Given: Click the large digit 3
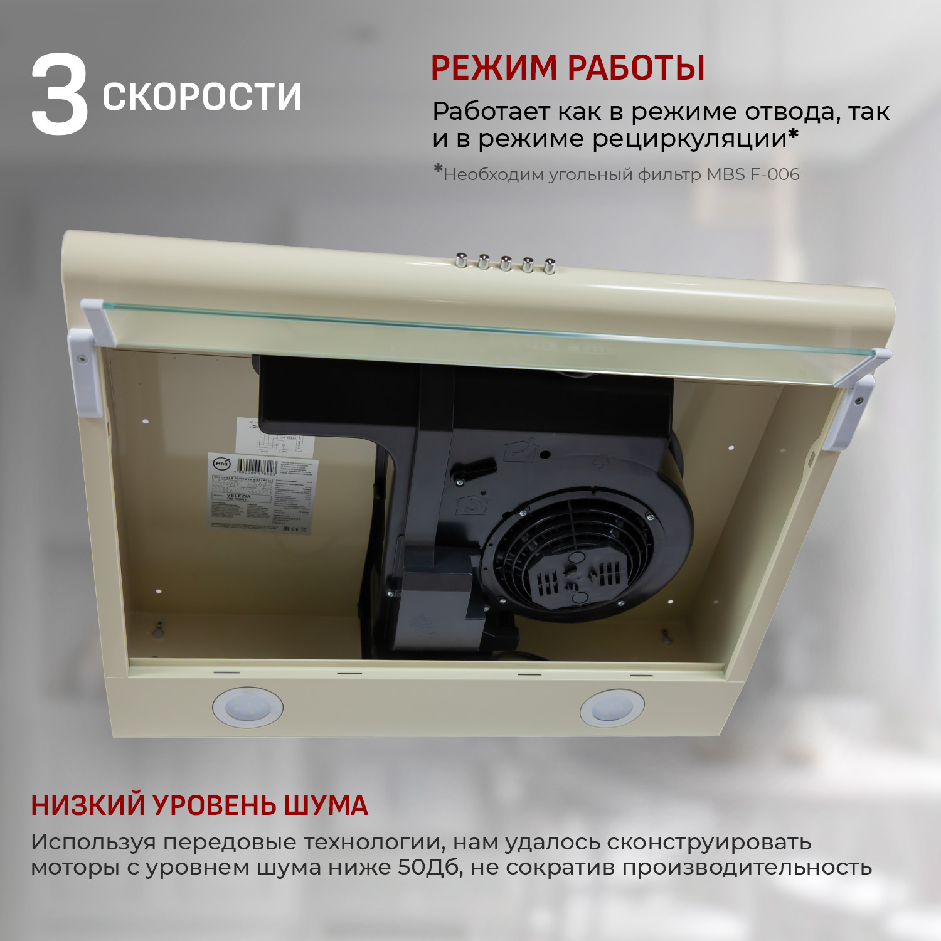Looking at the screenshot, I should pos(60,95).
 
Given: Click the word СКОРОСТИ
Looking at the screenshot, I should pos(202,97).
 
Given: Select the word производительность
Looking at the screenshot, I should pos(747,868).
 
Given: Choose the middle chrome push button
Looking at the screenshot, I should pos(506,263).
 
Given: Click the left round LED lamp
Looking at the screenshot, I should pos(247,707).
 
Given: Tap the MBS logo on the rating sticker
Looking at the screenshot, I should pos(221,464).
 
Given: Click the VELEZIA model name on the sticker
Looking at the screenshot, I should pos(238,496).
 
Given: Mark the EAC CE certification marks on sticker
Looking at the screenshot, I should pos(295,529).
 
